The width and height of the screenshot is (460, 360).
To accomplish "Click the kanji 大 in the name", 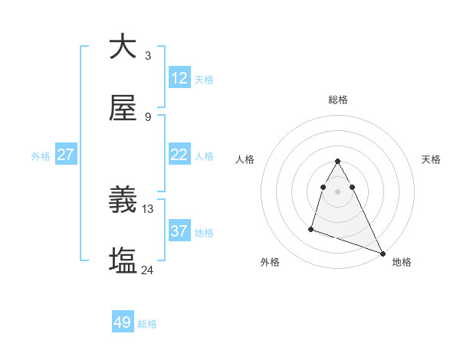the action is click(x=123, y=47).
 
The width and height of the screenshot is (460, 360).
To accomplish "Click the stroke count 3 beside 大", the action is click(x=147, y=55).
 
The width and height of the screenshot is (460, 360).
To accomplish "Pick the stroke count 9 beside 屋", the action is click(x=147, y=116).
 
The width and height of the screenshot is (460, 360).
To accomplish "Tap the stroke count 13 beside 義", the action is click(x=148, y=208).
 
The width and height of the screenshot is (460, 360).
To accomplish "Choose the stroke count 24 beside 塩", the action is click(x=148, y=270).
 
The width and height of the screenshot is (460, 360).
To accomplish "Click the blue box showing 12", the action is click(x=179, y=78).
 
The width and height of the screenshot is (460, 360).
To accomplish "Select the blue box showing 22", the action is click(x=179, y=155).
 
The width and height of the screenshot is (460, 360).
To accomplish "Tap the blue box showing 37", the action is click(x=179, y=231).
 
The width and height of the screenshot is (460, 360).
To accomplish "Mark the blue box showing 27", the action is click(x=65, y=155).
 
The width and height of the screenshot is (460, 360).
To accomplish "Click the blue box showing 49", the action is click(x=123, y=322).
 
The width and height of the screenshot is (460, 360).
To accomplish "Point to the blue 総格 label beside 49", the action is click(x=147, y=324).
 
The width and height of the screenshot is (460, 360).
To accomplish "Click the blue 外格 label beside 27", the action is click(x=41, y=156).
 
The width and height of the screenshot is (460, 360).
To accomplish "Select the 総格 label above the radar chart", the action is click(x=338, y=100).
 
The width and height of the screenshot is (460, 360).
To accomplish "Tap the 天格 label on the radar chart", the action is click(x=432, y=159).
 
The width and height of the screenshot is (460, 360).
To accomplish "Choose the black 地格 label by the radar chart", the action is click(x=402, y=262).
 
